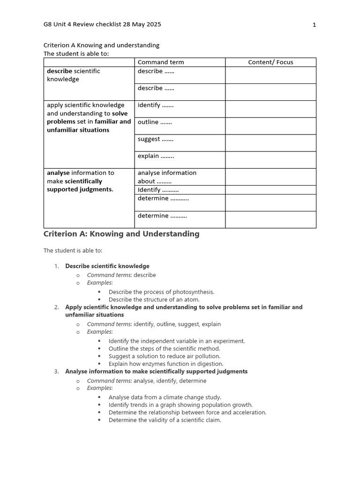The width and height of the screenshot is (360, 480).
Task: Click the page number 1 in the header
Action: click(314, 25)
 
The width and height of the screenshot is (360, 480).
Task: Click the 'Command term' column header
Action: click(161, 62)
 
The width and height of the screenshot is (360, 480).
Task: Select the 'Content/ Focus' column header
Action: click(270, 62)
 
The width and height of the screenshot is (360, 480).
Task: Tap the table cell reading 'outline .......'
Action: click(155, 122)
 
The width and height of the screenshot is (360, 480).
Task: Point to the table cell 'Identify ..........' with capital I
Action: click(158, 190)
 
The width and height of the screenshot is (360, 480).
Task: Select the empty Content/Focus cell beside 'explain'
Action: click(270, 160)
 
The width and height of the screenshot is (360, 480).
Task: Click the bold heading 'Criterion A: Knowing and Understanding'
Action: click(121, 234)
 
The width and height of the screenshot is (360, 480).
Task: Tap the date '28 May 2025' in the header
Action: click(142, 25)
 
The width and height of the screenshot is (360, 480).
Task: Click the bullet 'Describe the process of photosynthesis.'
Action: click(161, 292)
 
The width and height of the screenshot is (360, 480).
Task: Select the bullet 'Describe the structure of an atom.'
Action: click(154, 300)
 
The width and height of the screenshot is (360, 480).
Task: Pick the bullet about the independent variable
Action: click(177, 341)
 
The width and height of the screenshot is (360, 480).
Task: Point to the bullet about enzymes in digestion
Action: click(166, 364)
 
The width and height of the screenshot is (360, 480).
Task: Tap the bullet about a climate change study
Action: click(165, 397)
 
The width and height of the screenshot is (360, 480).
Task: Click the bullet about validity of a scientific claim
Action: click(165, 420)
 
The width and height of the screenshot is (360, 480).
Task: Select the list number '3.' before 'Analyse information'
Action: click(56, 372)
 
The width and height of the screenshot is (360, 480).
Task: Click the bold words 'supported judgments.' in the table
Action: click(80, 190)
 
